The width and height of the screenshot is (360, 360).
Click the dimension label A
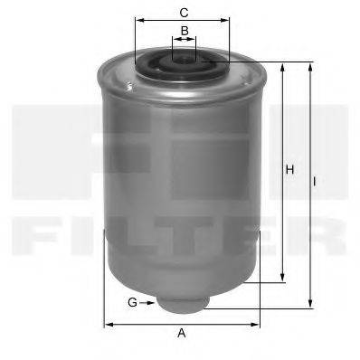181,333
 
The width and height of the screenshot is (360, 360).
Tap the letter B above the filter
184,31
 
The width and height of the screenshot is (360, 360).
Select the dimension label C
184,13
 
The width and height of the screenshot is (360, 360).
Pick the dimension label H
290,169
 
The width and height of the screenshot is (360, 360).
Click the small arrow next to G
147,301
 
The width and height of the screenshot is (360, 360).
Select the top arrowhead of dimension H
284,67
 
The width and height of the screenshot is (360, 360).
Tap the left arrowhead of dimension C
137,24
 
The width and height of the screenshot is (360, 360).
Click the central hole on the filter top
184,59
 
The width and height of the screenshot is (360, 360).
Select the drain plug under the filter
182,301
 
